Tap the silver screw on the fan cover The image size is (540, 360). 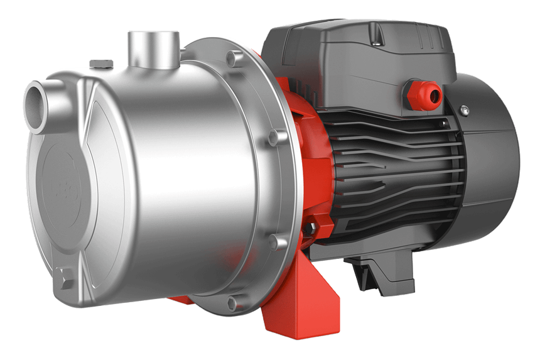(x=464, y=111)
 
